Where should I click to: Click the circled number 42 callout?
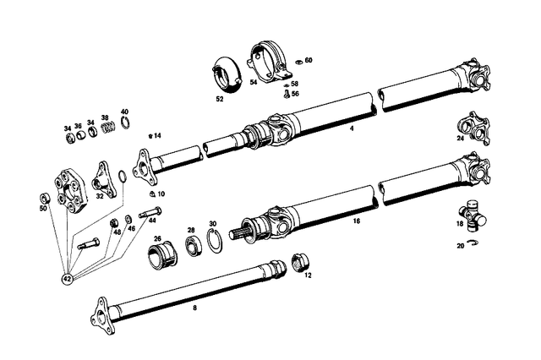click(67, 277)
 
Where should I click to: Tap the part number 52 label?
click(220, 99)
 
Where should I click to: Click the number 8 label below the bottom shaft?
click(194, 308)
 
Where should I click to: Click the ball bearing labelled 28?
click(194, 246)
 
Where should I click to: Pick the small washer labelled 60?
click(298, 61)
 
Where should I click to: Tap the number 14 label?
click(157, 135)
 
